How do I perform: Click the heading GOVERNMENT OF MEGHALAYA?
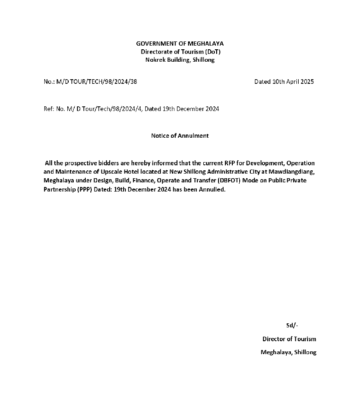(180, 43)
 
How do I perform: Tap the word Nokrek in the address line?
(155, 60)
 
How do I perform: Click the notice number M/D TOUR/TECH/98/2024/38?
(96, 82)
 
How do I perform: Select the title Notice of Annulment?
(180, 135)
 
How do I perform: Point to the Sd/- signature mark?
(292, 325)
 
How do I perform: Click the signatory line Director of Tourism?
(289, 339)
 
